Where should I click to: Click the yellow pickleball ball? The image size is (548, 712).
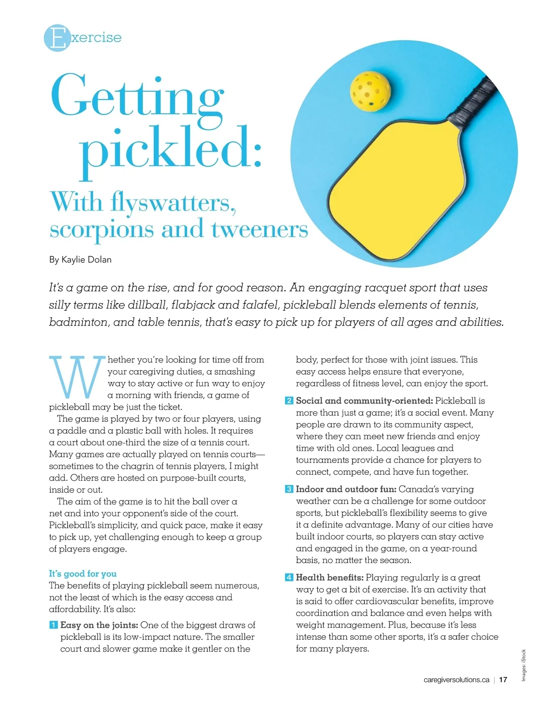[370, 90]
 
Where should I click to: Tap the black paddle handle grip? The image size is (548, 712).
[474, 99]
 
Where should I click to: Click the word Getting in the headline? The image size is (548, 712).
[137, 96]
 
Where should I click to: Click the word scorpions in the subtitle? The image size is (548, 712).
[101, 229]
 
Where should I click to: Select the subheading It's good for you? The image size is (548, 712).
[83, 574]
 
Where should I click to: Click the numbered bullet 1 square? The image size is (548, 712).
[53, 625]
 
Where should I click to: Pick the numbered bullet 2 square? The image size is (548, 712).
[289, 401]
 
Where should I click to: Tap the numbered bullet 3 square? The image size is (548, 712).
[289, 489]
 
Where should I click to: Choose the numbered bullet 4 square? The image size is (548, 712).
[289, 578]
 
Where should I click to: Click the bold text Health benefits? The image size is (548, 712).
[330, 578]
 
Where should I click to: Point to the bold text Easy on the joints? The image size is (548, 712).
[99, 625]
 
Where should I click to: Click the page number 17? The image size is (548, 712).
[503, 680]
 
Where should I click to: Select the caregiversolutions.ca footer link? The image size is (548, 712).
[456, 680]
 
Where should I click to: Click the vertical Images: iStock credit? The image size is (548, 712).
[524, 665]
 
